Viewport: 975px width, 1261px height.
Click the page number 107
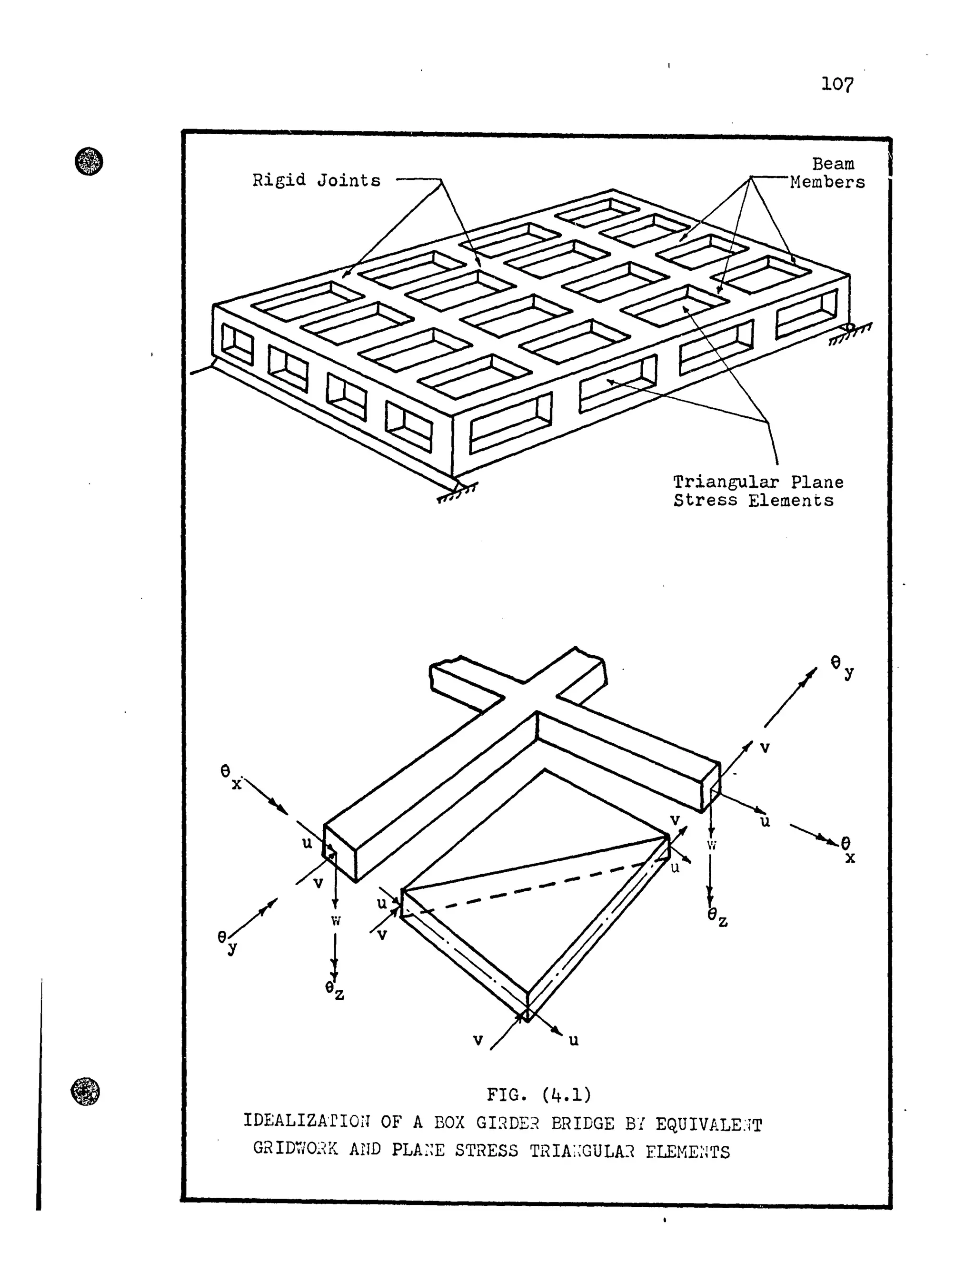[x=837, y=85]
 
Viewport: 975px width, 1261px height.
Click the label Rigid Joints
[x=317, y=181]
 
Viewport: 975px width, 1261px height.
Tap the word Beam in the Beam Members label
[x=833, y=164]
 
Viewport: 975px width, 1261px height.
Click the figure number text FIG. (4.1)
[x=538, y=1095]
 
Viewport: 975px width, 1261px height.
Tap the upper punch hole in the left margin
[x=89, y=161]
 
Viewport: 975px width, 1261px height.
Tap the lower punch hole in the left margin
[x=85, y=1091]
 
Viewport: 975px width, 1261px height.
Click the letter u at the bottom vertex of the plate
[x=573, y=1040]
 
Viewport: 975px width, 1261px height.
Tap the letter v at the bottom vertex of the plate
[x=478, y=1040]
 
